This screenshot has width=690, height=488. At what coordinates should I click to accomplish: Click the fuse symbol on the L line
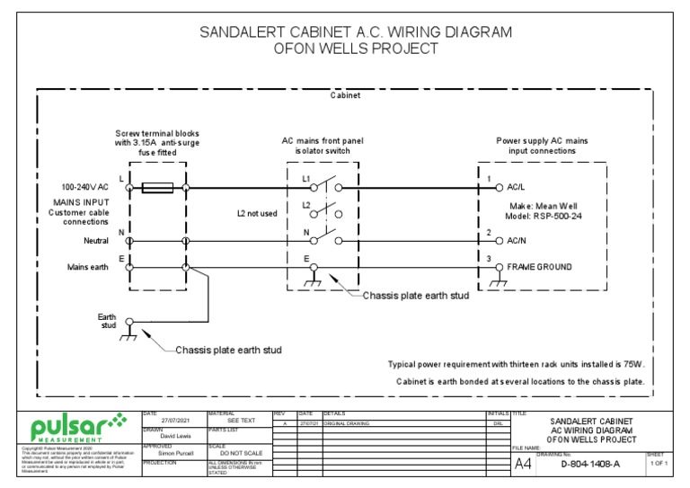(158, 188)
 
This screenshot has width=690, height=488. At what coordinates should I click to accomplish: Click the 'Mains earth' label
(91, 268)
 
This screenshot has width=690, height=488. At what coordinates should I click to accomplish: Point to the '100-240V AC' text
(85, 188)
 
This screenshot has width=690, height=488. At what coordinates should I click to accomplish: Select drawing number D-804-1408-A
(589, 465)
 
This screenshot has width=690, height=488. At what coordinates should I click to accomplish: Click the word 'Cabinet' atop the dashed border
(346, 94)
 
